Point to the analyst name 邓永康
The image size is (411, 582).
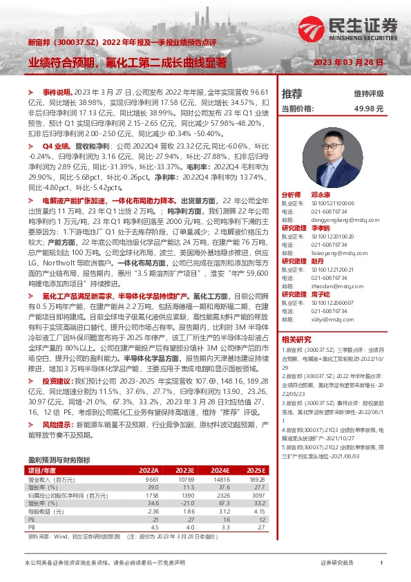[319, 196]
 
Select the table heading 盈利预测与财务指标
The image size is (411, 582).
[59, 460]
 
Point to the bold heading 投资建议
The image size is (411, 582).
[56, 381]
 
